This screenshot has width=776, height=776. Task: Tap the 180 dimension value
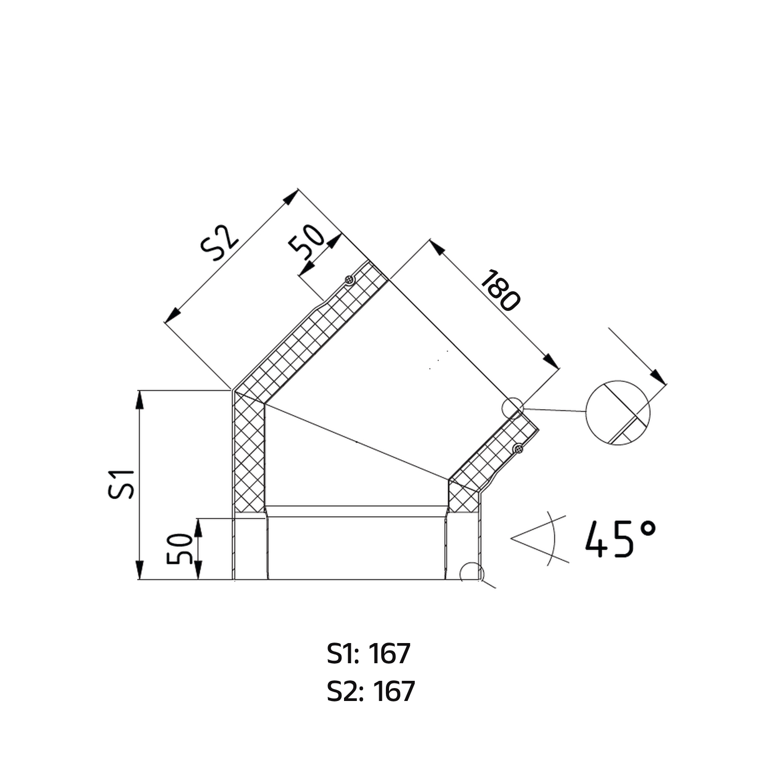pos(500,291)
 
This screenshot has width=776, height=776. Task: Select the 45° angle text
pos(621,539)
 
